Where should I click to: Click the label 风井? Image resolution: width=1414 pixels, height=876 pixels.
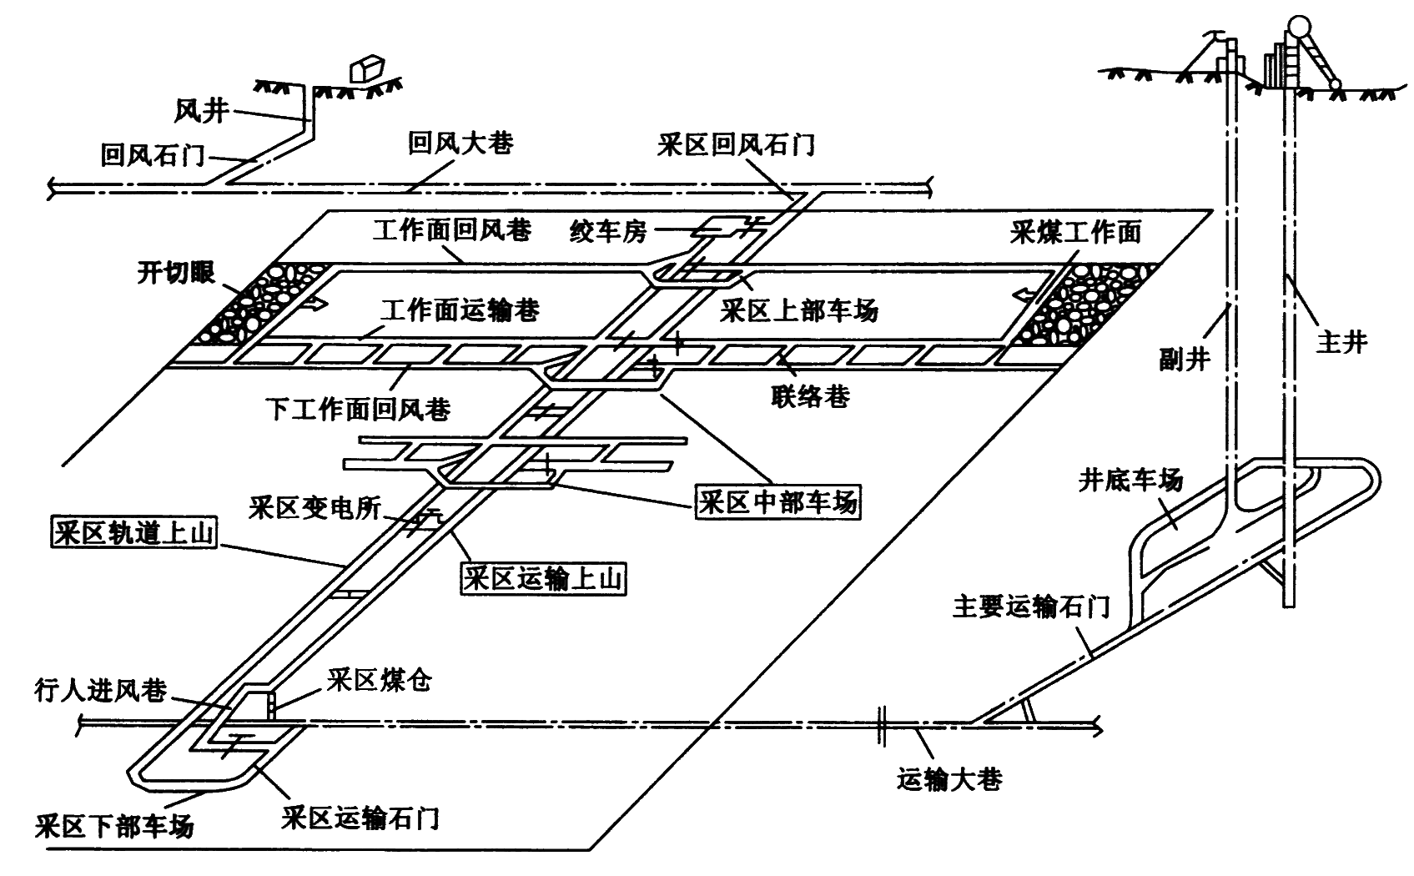pos(201,110)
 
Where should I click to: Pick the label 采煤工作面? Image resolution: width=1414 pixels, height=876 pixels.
pos(1075,231)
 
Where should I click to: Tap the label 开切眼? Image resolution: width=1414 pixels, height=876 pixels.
pos(176,273)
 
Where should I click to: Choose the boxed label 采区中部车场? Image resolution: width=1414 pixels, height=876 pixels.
pos(777,502)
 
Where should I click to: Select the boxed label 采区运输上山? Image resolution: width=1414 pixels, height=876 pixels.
pos(544,577)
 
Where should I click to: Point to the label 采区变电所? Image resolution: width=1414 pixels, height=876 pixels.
pos(315,507)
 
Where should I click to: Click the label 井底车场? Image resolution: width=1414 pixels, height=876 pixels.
pos(1130,481)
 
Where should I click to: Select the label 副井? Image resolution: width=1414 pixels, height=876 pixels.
pos(1184,358)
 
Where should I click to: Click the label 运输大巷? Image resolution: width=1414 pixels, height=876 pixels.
pos(949,779)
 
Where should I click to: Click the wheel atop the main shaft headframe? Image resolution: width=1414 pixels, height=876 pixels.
pos(1298,27)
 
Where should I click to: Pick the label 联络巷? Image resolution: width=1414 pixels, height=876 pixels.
pos(810,395)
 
